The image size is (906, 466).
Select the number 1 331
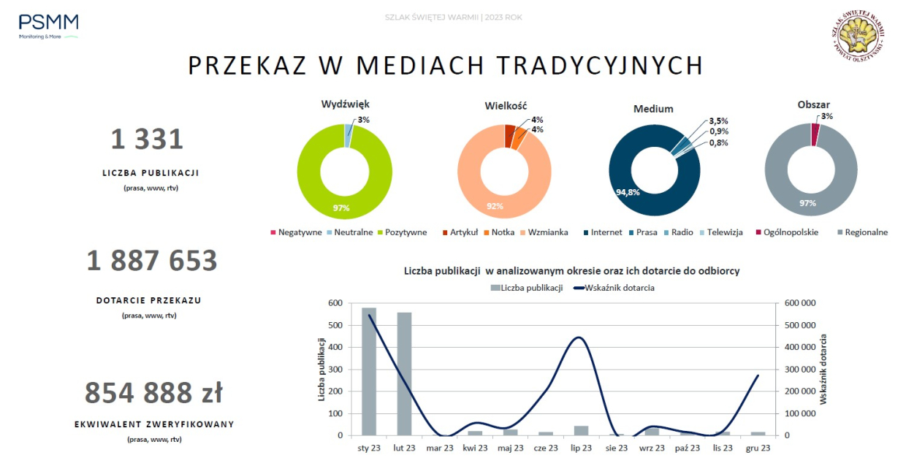(x=147, y=139)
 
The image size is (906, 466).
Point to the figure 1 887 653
(x=152, y=261)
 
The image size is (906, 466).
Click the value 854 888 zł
(x=153, y=393)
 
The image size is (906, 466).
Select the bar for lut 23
(x=404, y=374)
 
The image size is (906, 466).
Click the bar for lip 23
(x=582, y=430)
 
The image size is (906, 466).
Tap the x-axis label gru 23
(x=758, y=448)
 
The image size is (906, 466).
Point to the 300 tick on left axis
(x=335, y=369)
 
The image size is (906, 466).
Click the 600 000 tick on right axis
(x=799, y=303)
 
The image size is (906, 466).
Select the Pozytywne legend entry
(x=401, y=232)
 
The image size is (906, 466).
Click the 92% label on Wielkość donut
(x=495, y=206)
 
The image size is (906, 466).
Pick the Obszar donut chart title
(x=813, y=105)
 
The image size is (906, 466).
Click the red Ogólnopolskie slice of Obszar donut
(x=815, y=134)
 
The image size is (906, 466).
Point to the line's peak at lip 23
(x=579, y=337)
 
